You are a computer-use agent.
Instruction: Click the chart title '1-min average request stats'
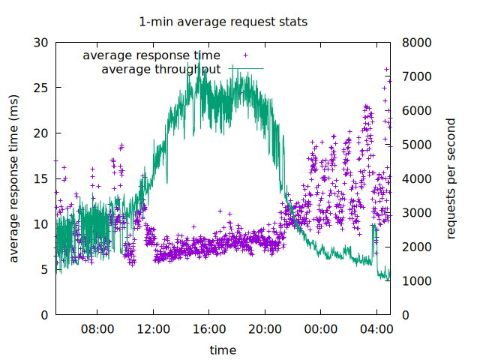(x=223, y=22)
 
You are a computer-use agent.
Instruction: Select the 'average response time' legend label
(x=151, y=55)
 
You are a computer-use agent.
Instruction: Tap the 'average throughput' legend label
(x=160, y=70)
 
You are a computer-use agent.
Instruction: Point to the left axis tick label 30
(x=42, y=43)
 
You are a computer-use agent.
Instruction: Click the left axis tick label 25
(x=42, y=88)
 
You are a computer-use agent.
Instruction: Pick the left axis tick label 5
(x=46, y=269)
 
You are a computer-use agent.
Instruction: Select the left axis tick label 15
(x=42, y=178)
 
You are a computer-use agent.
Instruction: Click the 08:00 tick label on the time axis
(x=97, y=329)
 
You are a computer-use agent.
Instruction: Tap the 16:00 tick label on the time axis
(x=209, y=329)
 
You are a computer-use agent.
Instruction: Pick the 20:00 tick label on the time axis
(x=265, y=329)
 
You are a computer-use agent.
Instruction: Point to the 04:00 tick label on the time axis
(x=376, y=329)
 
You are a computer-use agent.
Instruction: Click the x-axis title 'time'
(x=223, y=349)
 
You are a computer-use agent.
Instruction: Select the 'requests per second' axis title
(x=451, y=178)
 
